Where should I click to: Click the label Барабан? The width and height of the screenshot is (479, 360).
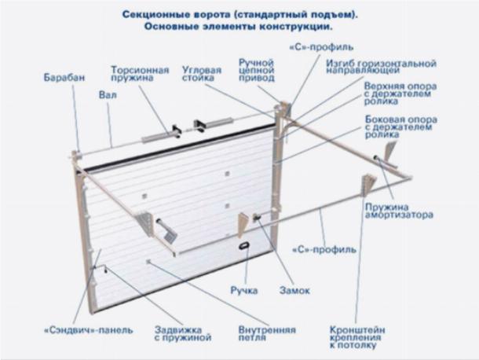pos(64,77)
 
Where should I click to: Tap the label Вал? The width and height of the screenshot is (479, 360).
pos(108,95)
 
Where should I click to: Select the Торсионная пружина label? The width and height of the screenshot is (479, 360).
pos(140,74)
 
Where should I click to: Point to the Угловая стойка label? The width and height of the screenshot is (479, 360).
pos(202,74)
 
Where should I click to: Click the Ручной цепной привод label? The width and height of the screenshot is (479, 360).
pos(257,70)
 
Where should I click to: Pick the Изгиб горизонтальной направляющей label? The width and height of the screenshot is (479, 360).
pos(382,67)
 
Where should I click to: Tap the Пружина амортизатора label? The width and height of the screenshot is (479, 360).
pos(399,211)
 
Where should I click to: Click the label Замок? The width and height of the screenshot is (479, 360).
pos(294,290)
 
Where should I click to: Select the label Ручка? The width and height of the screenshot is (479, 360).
pos(243,290)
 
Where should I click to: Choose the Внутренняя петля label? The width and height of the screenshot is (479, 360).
pos(267,334)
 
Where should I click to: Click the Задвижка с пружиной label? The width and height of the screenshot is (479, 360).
pos(183,334)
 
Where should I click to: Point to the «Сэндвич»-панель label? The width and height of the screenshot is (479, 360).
pos(89,330)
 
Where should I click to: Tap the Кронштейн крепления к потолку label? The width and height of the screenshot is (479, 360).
pos(357,338)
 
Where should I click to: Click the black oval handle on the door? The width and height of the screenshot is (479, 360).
pos(244,245)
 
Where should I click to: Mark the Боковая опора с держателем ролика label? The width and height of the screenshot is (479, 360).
pos(400,127)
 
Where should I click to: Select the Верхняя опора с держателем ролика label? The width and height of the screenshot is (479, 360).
pos(400,94)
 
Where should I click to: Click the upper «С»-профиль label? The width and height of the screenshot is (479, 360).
pos(321,47)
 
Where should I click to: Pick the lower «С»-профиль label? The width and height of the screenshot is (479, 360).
pos(324,250)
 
